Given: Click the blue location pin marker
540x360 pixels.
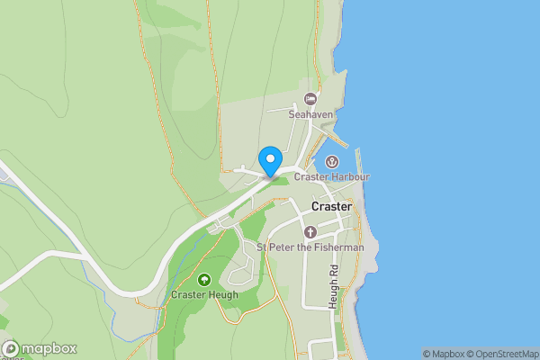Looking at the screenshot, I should pos(269,161).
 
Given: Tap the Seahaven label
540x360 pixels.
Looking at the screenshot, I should pos(310,114).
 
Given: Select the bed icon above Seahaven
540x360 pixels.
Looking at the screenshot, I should pos(310,98).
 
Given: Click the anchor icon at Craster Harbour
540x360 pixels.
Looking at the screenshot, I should pos(331,162).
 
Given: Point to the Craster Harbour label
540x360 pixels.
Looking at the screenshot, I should pos(332,177).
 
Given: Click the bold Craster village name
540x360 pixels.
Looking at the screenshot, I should pos(331,207).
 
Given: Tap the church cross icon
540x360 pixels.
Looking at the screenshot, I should pos(310,232).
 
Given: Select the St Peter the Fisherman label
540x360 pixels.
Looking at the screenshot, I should pos(310,247).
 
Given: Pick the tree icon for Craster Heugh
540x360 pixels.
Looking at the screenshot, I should pos(204,280).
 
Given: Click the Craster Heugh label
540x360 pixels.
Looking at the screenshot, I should pos(204,294).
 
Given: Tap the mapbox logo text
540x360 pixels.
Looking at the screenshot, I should pos(49,349).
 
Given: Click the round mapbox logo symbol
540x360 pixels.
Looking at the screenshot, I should pos(12,349).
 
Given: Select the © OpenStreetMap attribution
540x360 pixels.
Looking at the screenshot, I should pos(505,354).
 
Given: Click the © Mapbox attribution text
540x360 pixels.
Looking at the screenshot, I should pos(445,354).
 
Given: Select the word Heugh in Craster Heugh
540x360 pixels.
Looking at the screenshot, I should pos(222,294).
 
